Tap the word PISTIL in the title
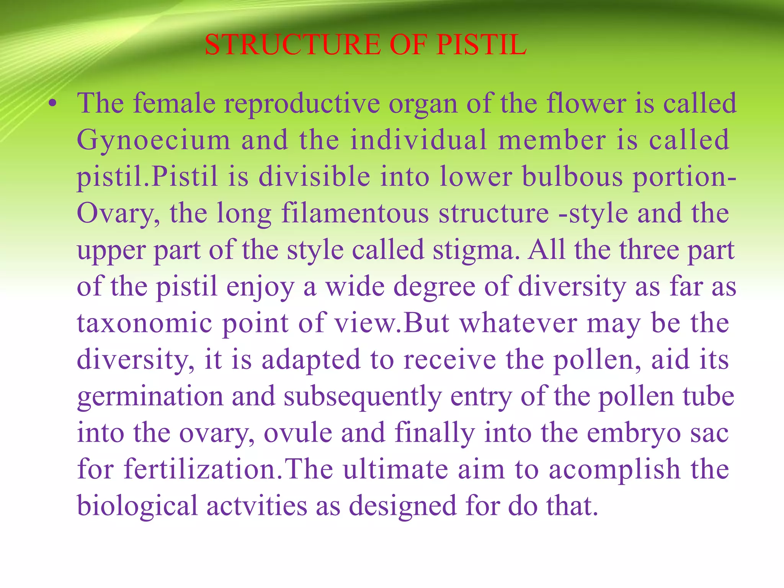pos(481,45)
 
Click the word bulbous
pos(572,176)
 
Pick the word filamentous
pos(355,213)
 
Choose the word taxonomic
pos(145,323)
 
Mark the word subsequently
pos(363,397)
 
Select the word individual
pos(419,140)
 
